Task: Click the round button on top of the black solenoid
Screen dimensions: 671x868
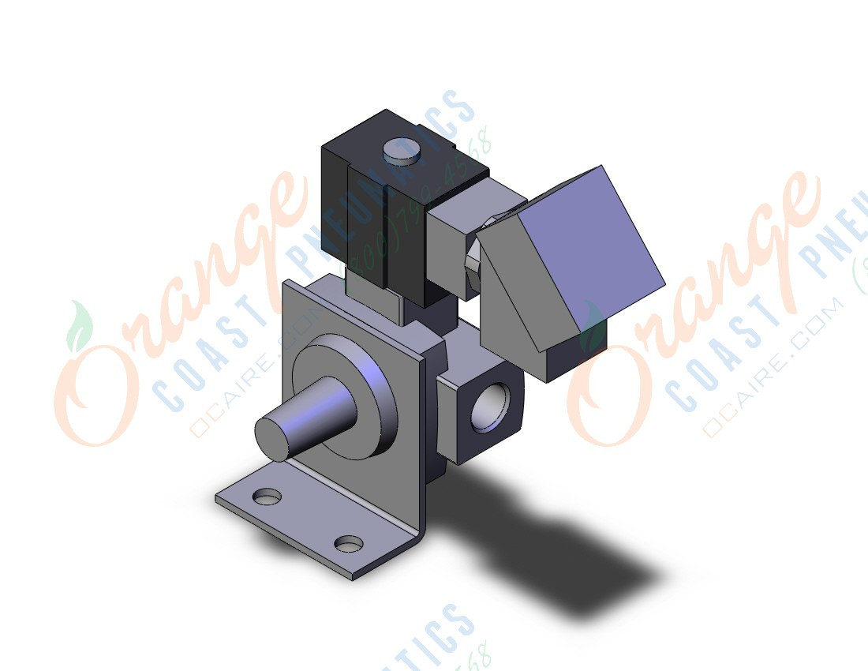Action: (402, 151)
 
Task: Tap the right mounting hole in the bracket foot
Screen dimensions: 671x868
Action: (348, 544)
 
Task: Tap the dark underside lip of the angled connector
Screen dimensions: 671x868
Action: (576, 359)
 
